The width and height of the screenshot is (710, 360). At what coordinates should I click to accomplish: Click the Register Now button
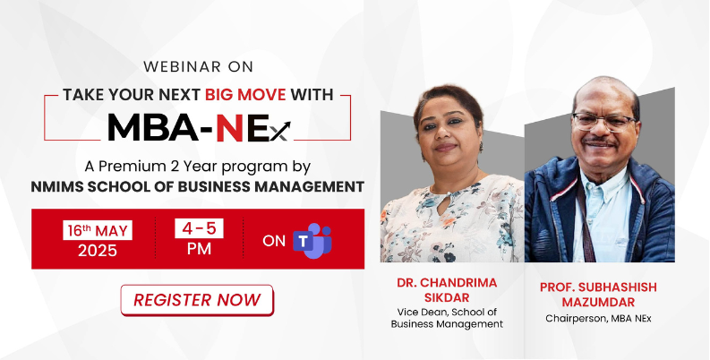197,300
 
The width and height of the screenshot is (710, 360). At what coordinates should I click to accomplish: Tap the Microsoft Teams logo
312,241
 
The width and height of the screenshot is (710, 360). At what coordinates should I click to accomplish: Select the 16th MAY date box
98,230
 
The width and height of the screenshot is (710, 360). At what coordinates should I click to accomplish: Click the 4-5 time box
199,228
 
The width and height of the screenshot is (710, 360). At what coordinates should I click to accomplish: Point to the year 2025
98,251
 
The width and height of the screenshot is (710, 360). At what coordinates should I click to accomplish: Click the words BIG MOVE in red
245,95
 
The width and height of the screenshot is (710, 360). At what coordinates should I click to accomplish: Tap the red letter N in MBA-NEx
229,126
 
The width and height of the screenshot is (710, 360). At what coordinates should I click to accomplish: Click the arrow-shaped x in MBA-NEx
281,132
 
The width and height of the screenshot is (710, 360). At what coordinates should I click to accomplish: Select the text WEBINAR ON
199,66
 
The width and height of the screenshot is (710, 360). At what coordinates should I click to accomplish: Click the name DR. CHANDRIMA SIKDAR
447,290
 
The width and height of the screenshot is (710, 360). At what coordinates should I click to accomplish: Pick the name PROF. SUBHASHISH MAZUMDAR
598,295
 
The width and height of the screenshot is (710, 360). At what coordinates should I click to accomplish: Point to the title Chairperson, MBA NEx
598,318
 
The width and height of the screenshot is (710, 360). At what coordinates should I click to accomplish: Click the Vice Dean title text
447,318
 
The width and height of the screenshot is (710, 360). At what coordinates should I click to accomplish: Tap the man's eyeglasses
604,122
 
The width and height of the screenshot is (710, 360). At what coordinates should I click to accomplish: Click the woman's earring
481,146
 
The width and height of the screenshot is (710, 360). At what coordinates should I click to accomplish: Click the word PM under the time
199,249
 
